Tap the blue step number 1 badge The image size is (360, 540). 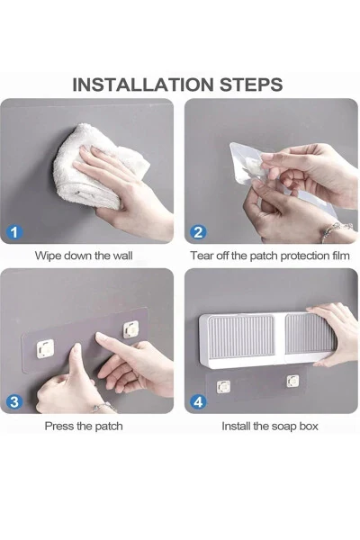click(x=13, y=231)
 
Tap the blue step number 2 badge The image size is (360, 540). click(x=199, y=231)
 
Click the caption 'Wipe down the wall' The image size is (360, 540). click(x=84, y=256)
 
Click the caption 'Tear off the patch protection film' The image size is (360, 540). click(x=270, y=256)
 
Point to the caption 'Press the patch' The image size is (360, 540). click(x=84, y=426)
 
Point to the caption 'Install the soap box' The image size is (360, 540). click(x=270, y=426)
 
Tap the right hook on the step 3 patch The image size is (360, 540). click(x=131, y=329)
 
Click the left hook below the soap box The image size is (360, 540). click(x=224, y=386)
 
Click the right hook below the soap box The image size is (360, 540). click(x=292, y=382)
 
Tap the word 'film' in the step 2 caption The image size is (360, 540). click(x=339, y=256)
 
